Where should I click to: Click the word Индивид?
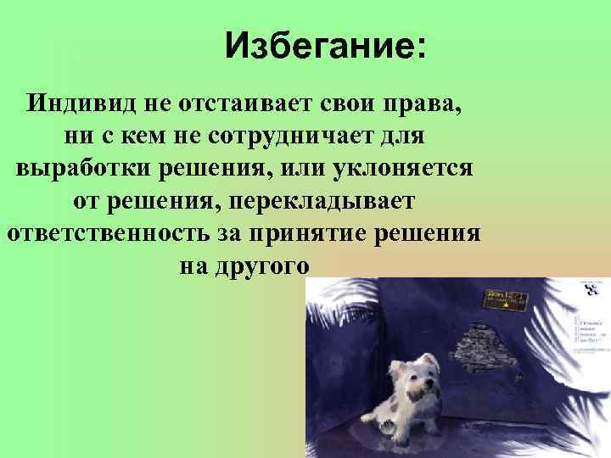click(76, 105)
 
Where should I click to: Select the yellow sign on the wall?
click(506, 299)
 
